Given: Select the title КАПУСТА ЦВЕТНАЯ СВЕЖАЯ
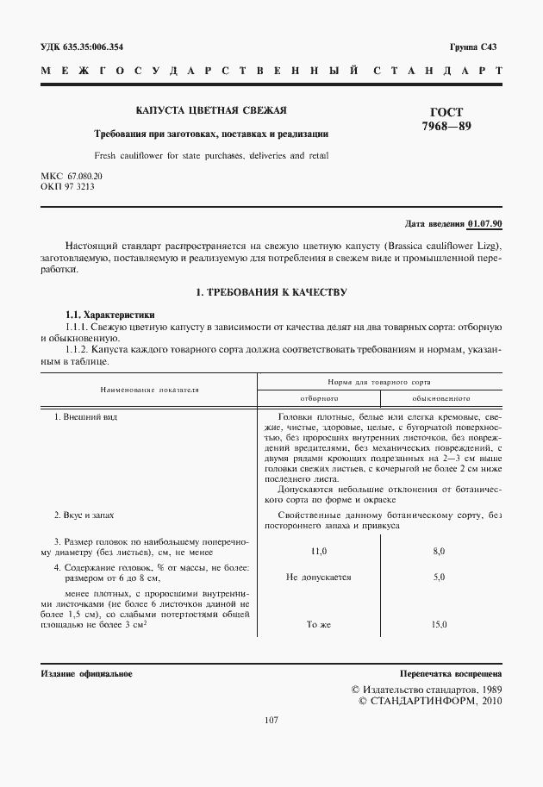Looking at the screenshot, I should [211, 110].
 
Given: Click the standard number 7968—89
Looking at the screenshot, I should [445, 128].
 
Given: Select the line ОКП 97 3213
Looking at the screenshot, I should [68, 185].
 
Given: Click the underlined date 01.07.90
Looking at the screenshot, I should [484, 224].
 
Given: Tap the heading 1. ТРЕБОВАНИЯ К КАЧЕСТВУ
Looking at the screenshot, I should [271, 292].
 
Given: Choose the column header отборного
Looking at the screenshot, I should [318, 399].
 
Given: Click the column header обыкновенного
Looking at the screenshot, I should [440, 399].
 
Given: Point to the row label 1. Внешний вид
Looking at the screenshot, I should [85, 417].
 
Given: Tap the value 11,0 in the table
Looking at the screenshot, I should [318, 550].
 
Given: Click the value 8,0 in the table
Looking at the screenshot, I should [439, 550].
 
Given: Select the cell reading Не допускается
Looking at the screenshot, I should [318, 577].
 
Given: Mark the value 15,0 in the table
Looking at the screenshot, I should [439, 624].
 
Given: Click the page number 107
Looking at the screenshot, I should [271, 721].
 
